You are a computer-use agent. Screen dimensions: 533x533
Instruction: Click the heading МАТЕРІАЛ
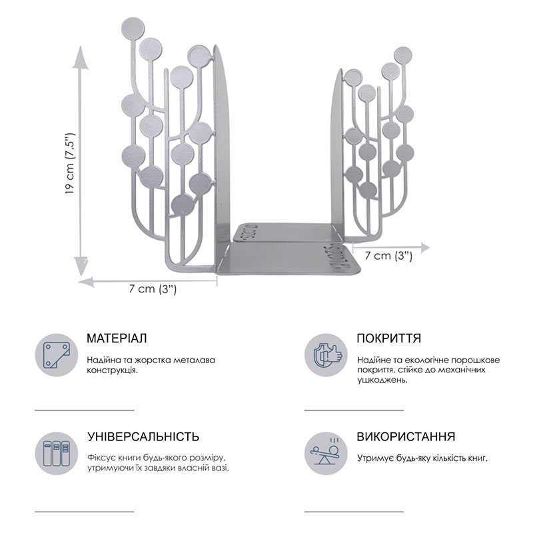click(117, 338)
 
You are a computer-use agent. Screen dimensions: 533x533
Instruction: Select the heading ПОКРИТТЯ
click(389, 338)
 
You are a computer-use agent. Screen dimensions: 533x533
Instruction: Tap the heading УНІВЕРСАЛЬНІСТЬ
click(143, 436)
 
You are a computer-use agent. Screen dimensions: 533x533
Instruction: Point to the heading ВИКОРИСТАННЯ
click(406, 436)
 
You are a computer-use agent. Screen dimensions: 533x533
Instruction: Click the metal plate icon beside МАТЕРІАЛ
click(57, 355)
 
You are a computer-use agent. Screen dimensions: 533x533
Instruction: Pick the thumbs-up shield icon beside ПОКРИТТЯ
click(326, 355)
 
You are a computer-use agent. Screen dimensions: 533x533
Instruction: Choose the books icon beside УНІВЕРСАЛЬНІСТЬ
click(57, 454)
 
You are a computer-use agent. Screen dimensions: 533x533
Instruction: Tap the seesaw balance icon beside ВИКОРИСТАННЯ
click(326, 454)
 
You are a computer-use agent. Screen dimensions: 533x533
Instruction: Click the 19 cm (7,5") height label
click(69, 163)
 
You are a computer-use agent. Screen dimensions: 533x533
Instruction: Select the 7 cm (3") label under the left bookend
click(153, 289)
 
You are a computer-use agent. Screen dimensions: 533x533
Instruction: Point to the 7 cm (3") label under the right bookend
click(388, 255)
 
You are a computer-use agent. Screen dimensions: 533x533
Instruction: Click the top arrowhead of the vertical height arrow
click(80, 57)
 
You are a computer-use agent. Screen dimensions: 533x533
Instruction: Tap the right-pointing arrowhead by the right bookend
click(424, 248)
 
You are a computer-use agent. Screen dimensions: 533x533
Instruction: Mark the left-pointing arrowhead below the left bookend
click(86, 281)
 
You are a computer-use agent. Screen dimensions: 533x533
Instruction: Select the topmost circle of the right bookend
click(403, 55)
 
